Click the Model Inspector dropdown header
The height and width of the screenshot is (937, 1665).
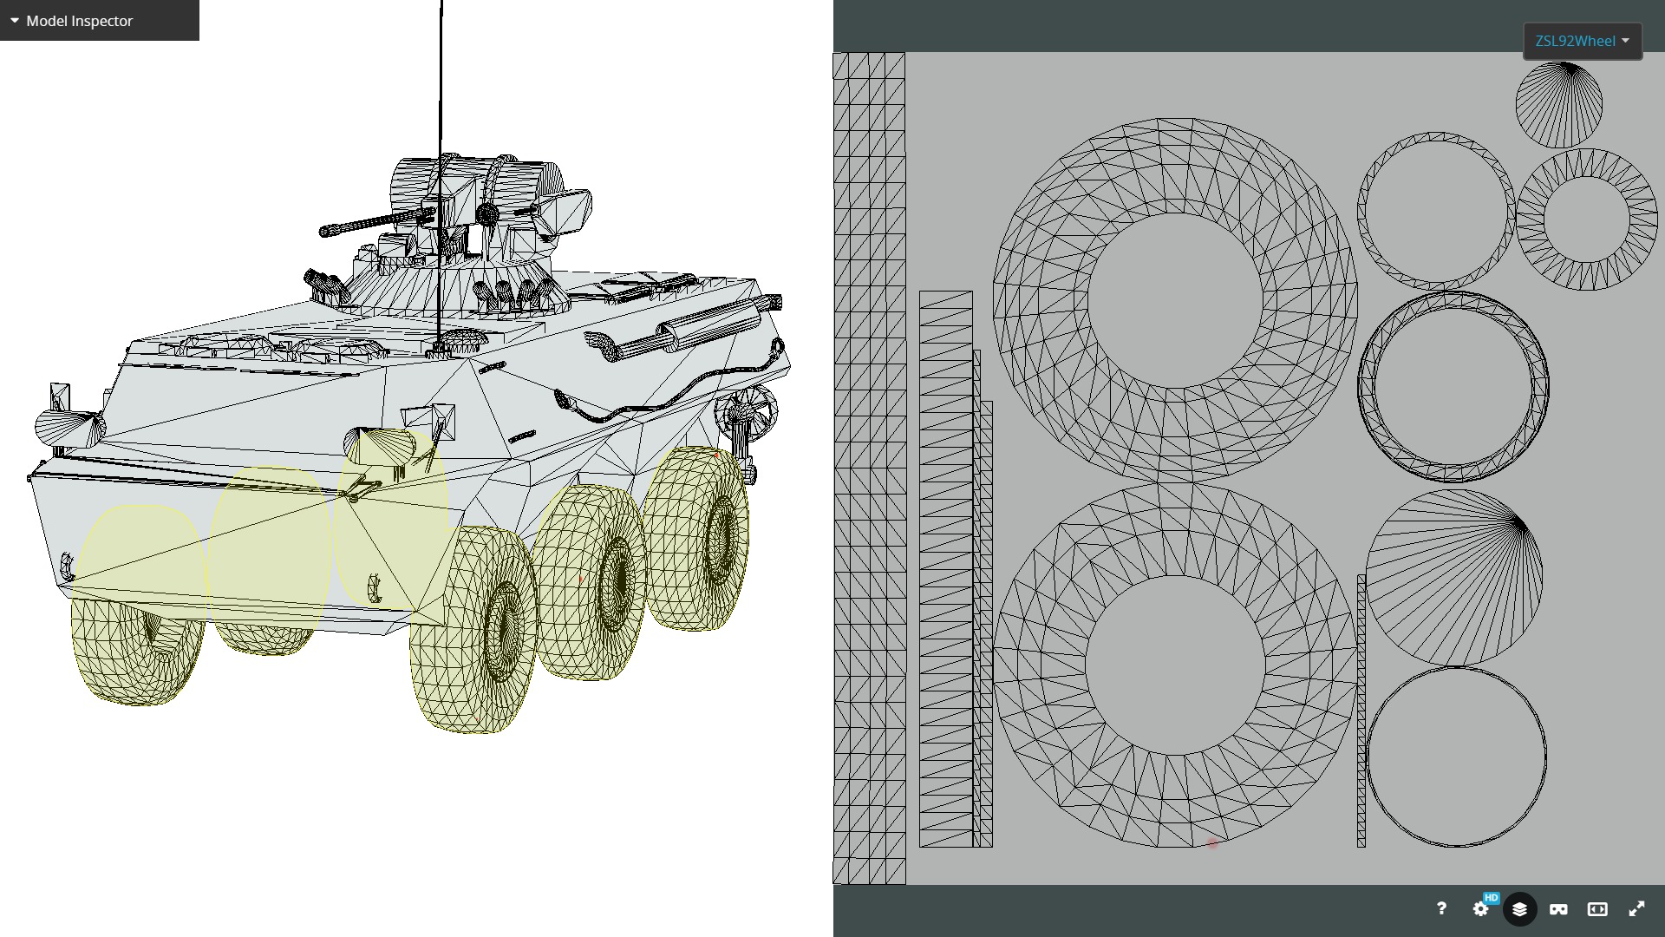(79, 21)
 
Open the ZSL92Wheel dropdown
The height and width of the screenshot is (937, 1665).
(1582, 41)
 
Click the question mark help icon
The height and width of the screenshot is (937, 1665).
(1441, 908)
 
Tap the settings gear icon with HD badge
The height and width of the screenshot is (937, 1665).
(1481, 908)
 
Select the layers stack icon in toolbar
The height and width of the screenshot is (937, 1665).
(1519, 908)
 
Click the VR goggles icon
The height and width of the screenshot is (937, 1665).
(1558, 908)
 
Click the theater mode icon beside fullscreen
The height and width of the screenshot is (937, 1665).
(1597, 908)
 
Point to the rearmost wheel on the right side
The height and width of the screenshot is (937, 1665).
(698, 538)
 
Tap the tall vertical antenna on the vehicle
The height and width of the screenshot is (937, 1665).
(441, 130)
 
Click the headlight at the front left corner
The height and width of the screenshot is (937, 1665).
(68, 426)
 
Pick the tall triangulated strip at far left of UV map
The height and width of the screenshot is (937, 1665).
(869, 468)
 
